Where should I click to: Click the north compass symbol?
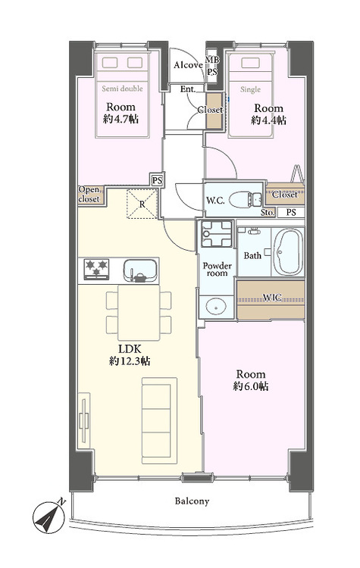click(49, 517)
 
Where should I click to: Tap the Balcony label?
click(192, 501)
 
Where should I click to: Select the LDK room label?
click(130, 349)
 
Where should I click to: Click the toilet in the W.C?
click(246, 200)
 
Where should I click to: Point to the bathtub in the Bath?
click(288, 252)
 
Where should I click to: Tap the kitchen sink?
click(140, 270)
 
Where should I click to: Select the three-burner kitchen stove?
click(96, 270)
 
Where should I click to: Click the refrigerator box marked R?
click(142, 204)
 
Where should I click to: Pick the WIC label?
click(272, 298)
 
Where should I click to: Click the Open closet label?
click(89, 195)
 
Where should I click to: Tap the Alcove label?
click(188, 65)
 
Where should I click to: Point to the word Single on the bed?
click(250, 89)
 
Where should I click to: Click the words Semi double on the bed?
click(122, 89)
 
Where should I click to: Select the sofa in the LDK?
click(159, 420)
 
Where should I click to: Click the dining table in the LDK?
click(139, 312)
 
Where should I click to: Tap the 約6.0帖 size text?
click(251, 386)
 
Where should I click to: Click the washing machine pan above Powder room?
click(217, 234)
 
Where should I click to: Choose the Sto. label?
click(268, 213)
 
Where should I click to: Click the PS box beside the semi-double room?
click(157, 180)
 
